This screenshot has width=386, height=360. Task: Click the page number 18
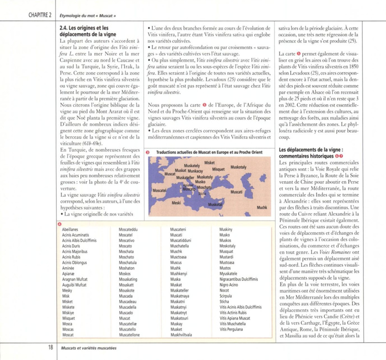pos(50,347)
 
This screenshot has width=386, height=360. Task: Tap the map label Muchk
pos(262,207)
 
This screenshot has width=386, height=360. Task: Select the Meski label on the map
pos(176,204)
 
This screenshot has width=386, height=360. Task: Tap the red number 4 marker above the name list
pos(59,223)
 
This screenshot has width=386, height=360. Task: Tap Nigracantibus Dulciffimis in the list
pos(242,279)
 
